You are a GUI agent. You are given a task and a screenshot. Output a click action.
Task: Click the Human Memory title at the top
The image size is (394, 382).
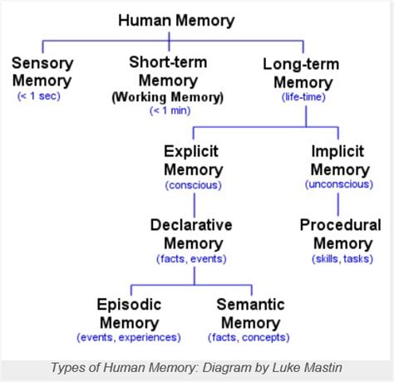click(x=175, y=21)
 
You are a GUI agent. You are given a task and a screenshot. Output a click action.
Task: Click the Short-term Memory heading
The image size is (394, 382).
click(x=169, y=71)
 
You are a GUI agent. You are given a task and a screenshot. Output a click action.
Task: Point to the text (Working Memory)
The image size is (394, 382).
click(x=169, y=97)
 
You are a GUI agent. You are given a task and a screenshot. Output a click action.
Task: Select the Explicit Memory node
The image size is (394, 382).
click(x=193, y=160)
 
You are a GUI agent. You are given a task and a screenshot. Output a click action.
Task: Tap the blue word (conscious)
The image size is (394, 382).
click(x=193, y=184)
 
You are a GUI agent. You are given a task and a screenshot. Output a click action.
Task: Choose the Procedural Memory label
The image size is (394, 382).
click(x=341, y=234)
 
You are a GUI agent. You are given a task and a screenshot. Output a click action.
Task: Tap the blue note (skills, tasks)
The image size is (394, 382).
click(x=341, y=259)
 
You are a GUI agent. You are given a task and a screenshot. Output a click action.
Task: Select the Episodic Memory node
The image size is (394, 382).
click(x=129, y=312)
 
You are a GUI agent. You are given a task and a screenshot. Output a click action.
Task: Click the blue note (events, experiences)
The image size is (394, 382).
click(x=129, y=337)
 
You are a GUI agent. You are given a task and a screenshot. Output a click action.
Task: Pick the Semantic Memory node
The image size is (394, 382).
click(x=251, y=312)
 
